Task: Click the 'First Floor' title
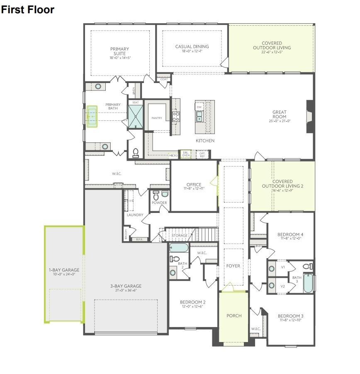pyautogui.click(x=27, y=10)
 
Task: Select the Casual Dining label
pyautogui.click(x=192, y=46)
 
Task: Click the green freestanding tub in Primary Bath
pyautogui.click(x=92, y=117)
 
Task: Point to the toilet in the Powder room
pyautogui.click(x=156, y=195)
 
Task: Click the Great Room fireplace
pyautogui.click(x=309, y=117)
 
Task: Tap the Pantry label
pyautogui.click(x=157, y=118)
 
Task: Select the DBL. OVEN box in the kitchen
pyautogui.click(x=186, y=154)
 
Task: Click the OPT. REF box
pyautogui.click(x=202, y=154)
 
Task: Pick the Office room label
pyautogui.click(x=194, y=185)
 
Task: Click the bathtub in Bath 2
pyautogui.click(x=179, y=248)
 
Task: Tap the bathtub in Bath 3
pyautogui.click(x=308, y=283)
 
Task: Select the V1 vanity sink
pyautogui.click(x=272, y=268)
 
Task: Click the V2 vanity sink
pyautogui.click(x=272, y=286)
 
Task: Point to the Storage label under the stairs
pyautogui.click(x=180, y=236)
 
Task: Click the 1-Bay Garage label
pyautogui.click(x=64, y=270)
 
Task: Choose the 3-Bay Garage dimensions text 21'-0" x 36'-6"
pyautogui.click(x=126, y=291)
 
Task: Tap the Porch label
pyautogui.click(x=234, y=315)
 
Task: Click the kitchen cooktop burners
pyautogui.click(x=175, y=116)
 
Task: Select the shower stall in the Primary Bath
pyautogui.click(x=135, y=116)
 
